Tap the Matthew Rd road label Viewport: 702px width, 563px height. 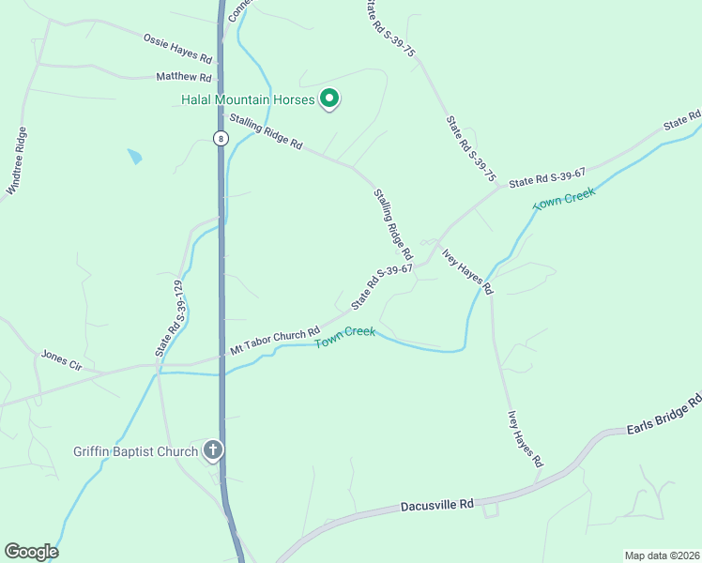184,77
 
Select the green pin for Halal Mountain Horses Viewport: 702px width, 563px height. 329,98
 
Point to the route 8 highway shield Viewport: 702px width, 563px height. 220,138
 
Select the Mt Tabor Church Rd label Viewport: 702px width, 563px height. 275,341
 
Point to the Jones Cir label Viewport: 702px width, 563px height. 62,361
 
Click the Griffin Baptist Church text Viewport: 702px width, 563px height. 136,451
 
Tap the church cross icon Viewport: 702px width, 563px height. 213,451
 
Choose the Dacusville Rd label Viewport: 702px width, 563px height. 437,505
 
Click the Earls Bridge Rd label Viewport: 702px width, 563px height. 664,418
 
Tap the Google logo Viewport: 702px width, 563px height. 31,552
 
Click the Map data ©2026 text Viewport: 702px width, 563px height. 662,555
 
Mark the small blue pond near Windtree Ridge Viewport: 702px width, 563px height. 135,157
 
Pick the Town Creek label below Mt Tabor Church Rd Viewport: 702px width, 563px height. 344,337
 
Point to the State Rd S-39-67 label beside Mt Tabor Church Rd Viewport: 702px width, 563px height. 382,287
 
